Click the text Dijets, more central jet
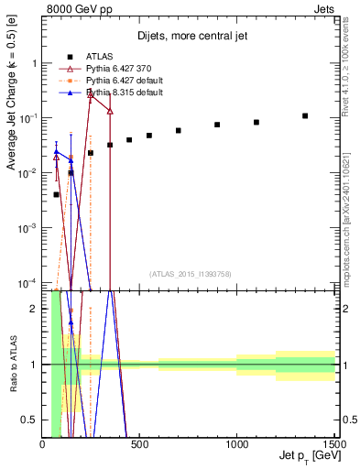tap(189, 37)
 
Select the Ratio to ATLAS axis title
tap(12, 364)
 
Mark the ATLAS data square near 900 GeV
tap(217, 125)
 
